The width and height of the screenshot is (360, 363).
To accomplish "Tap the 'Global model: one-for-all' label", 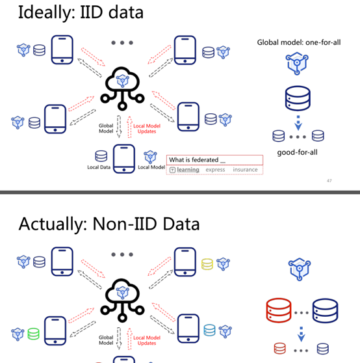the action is click(x=299, y=42).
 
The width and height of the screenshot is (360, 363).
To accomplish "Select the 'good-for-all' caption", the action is click(x=297, y=152).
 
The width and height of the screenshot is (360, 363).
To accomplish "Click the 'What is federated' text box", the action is click(x=214, y=160).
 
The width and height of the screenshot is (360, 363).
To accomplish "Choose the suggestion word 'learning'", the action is click(x=188, y=170).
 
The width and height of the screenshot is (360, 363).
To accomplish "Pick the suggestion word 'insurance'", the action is click(x=245, y=170).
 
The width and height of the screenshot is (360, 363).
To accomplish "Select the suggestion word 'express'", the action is click(x=215, y=170).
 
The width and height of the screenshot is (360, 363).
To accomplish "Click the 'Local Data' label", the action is click(x=99, y=167).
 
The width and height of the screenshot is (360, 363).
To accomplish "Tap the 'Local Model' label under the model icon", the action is click(x=151, y=167).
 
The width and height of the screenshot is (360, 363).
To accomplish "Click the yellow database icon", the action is click(x=207, y=264).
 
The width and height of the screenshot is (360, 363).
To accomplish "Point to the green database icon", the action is click(x=34, y=334).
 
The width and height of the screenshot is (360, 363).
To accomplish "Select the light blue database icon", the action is click(x=209, y=330).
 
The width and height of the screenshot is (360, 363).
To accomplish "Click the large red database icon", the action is click(x=279, y=310).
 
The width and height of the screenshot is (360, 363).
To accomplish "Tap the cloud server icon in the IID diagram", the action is click(x=122, y=88).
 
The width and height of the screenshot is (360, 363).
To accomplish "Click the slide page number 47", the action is click(x=329, y=181).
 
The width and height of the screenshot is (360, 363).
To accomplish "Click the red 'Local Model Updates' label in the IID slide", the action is click(x=147, y=129).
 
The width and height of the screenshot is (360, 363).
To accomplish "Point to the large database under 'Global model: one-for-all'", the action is click(x=298, y=98).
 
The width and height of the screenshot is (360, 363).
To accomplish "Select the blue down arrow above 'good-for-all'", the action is click(x=298, y=123).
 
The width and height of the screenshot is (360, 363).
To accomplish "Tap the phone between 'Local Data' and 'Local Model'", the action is click(x=124, y=159).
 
